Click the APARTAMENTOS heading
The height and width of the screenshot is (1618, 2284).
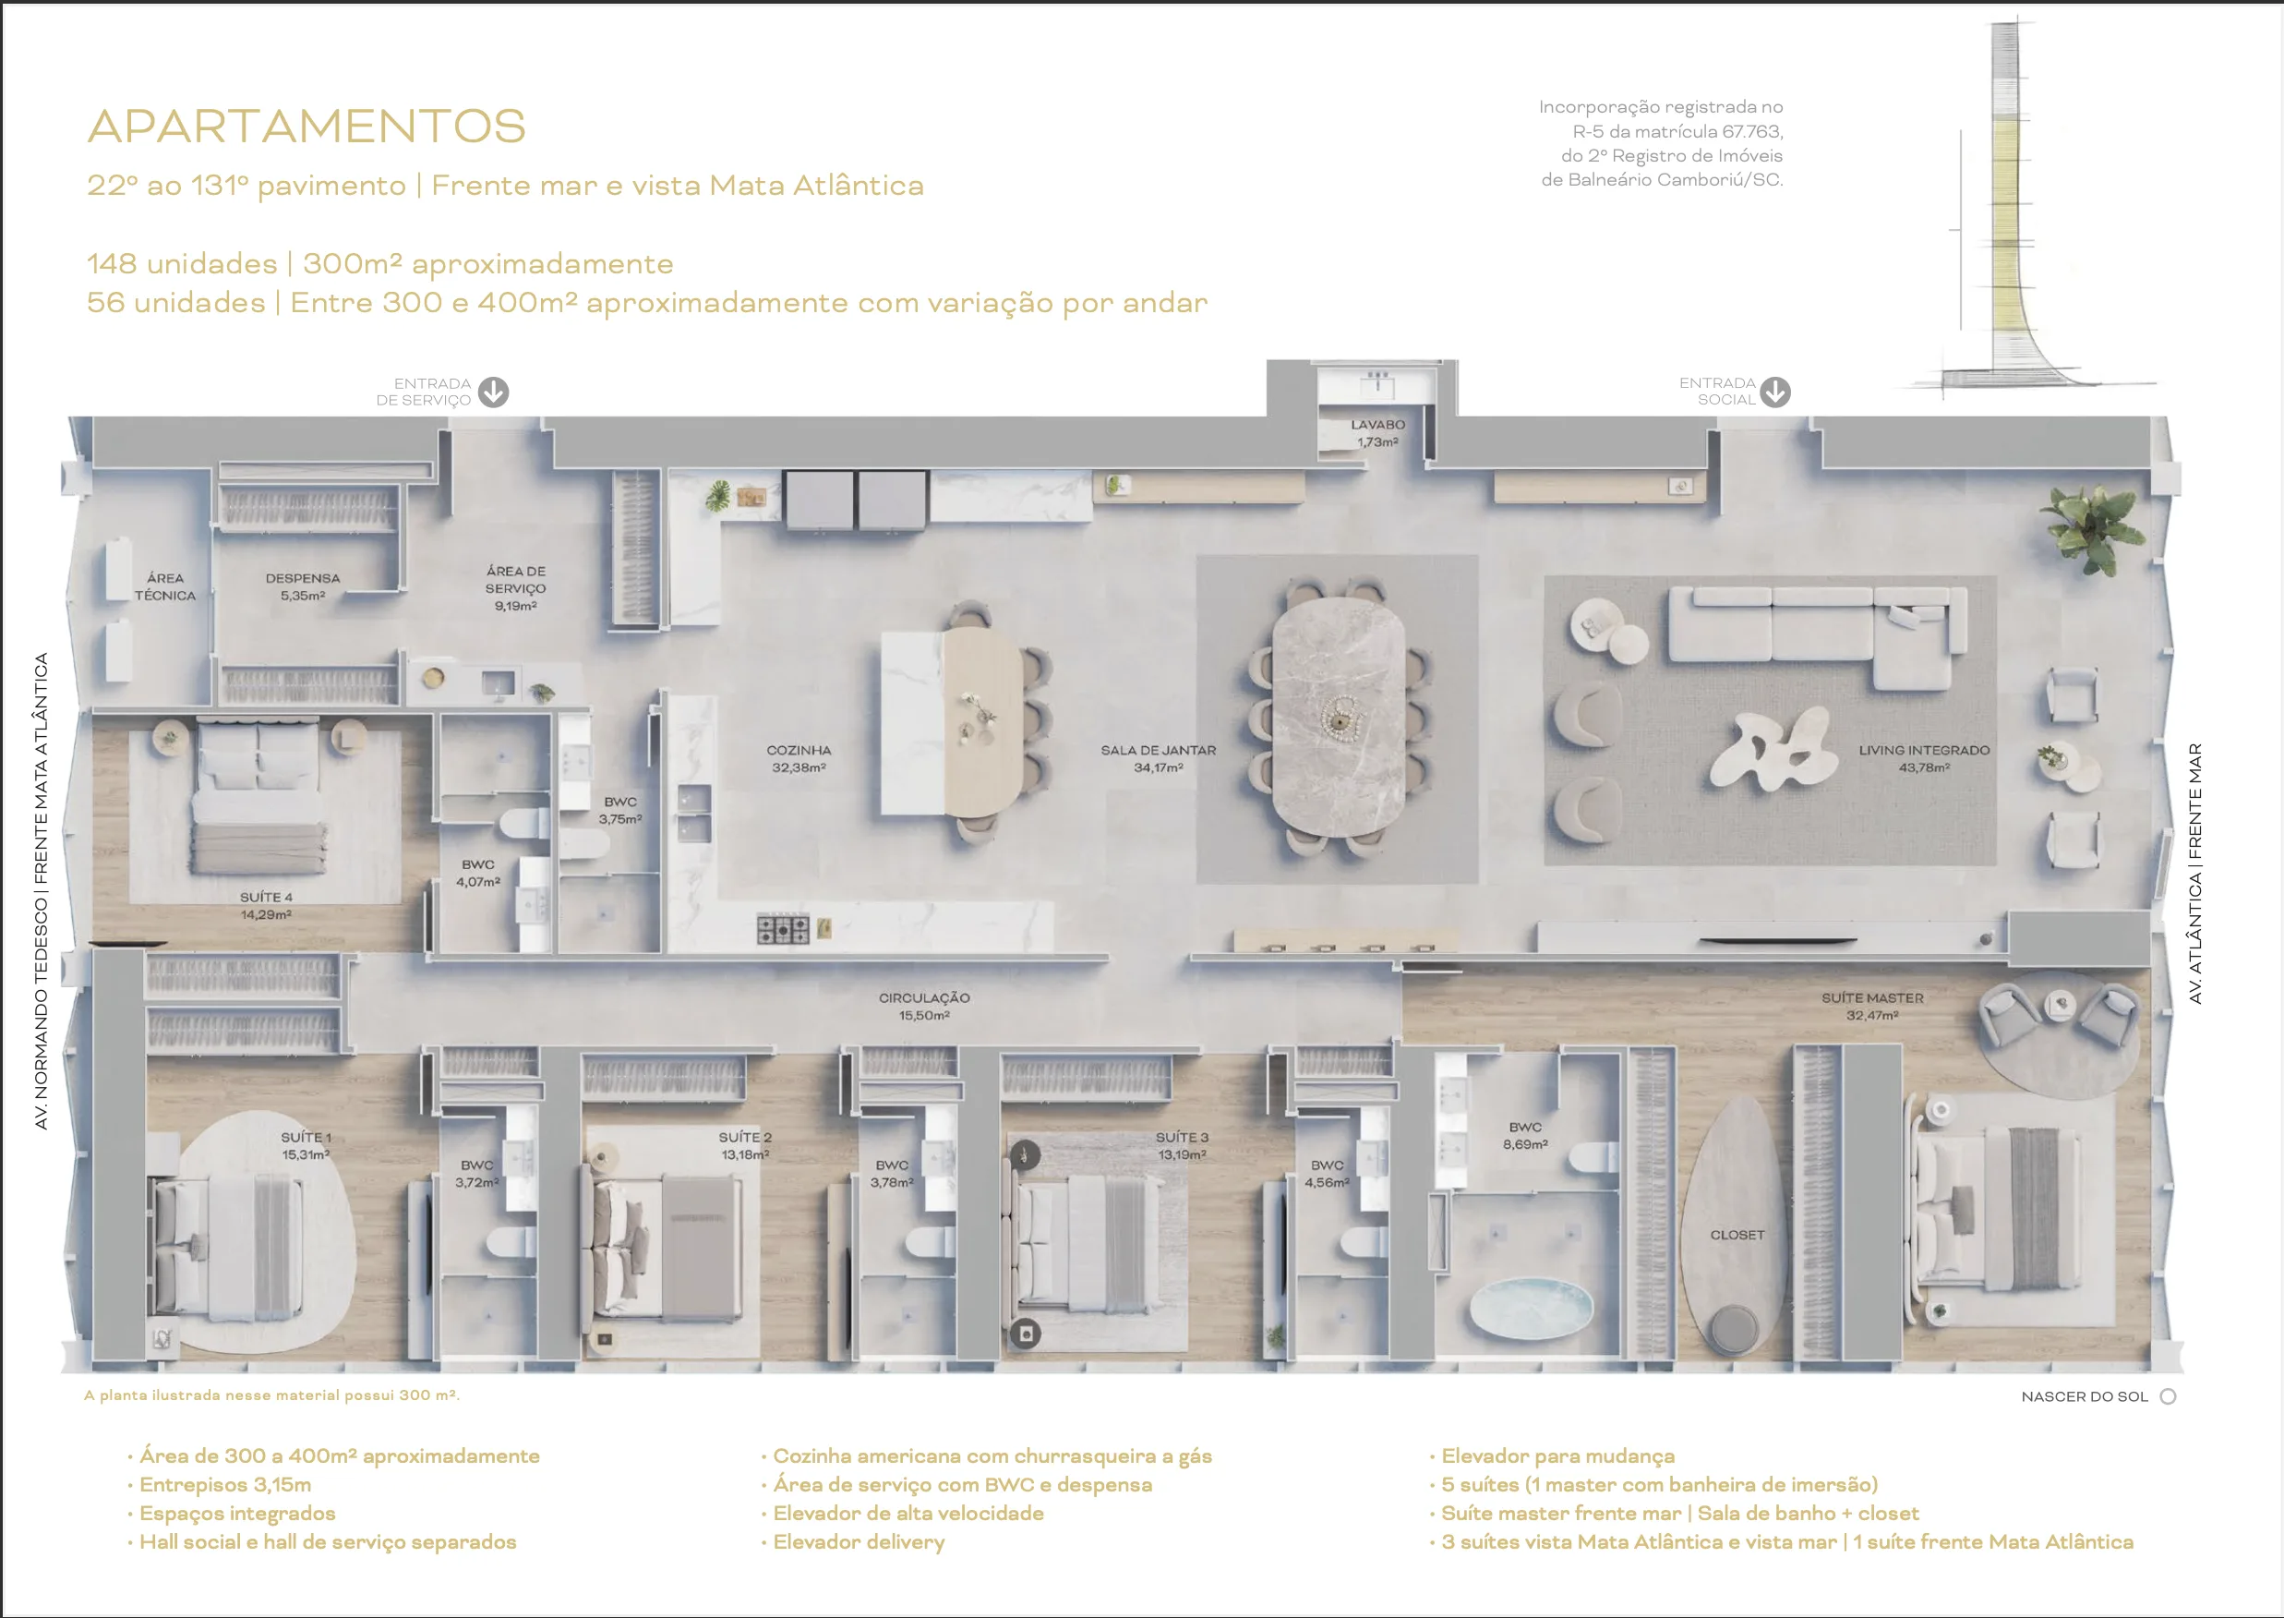(306, 127)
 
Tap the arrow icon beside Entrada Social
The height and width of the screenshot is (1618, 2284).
(1774, 392)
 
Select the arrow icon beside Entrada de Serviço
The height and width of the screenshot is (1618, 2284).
(493, 392)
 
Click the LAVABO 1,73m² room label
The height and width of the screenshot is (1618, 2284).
(1377, 432)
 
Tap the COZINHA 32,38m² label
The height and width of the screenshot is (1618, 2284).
(799, 758)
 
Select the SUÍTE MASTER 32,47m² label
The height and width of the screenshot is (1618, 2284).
(1871, 1006)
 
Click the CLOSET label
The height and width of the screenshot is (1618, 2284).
(1737, 1235)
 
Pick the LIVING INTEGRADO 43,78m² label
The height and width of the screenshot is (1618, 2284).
(1923, 758)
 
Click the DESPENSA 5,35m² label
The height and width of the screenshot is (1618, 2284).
(303, 586)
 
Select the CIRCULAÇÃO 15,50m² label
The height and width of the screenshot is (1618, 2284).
(923, 1006)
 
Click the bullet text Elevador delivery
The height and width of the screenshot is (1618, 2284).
(858, 1541)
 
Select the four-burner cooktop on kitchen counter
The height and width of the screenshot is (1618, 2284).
(783, 928)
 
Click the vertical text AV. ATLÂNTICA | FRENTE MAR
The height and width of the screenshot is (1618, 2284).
(2194, 873)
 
